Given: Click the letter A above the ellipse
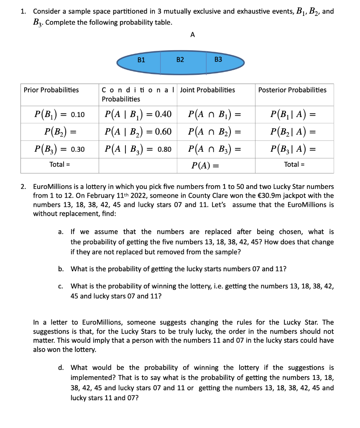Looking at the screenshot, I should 192,35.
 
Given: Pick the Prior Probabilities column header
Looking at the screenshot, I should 51,90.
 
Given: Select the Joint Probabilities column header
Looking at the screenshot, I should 207,90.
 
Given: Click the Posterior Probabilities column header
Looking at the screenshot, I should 292,90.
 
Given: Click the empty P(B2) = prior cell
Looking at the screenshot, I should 59,132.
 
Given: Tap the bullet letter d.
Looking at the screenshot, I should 61,367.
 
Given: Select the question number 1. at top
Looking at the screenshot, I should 24,12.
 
